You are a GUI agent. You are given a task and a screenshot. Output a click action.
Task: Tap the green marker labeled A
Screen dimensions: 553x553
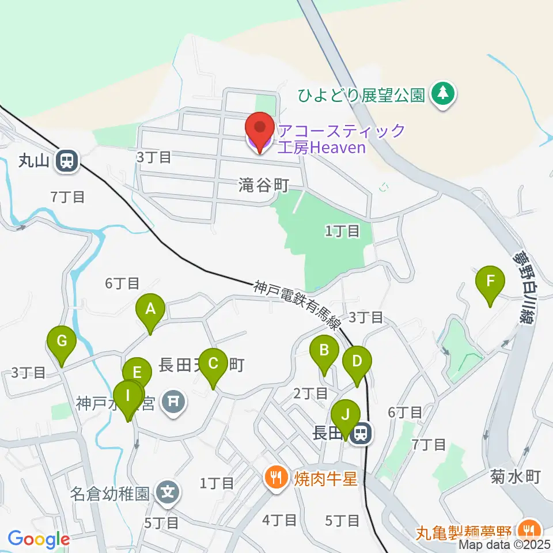[x=150, y=311]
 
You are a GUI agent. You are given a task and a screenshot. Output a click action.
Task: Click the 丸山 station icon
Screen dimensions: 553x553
[x=67, y=161]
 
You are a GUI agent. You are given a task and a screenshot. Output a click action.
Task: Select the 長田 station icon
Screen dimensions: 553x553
[x=362, y=433]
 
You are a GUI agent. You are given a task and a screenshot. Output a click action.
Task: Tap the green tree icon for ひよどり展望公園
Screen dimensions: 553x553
[x=443, y=93]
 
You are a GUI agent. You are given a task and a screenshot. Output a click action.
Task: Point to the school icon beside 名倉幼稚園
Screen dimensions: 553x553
[x=168, y=493]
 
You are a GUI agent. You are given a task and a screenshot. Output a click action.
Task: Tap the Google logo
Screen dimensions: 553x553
[x=39, y=539]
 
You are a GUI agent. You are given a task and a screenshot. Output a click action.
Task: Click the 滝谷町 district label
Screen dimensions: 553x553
[x=263, y=184]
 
